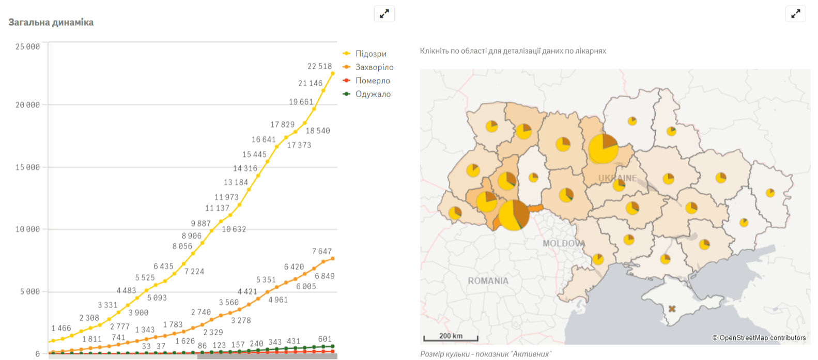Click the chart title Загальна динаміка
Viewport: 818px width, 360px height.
coord(51,22)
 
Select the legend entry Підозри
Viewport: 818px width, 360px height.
coord(371,54)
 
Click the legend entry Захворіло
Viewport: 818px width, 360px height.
coord(374,67)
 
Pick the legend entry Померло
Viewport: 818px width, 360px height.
coord(373,81)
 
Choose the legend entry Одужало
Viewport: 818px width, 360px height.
coord(373,94)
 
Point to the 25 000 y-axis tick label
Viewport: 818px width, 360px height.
coord(27,46)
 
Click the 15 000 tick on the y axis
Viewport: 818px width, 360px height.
coord(27,167)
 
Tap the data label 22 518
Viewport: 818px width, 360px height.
coord(319,66)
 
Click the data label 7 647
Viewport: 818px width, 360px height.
coord(322,252)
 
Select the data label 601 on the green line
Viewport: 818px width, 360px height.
coord(325,339)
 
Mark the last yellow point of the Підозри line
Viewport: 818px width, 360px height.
coord(332,73)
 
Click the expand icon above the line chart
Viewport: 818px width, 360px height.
coord(384,14)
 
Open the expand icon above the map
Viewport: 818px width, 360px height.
coord(795,14)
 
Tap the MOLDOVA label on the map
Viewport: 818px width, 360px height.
coord(564,243)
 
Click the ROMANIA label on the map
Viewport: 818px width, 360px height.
coord(488,281)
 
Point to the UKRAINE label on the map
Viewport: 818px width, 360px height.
coord(618,178)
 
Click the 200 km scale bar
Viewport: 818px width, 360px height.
coord(451,337)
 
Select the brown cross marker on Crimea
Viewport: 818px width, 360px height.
coord(672,309)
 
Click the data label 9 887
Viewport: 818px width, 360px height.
coord(200,223)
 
